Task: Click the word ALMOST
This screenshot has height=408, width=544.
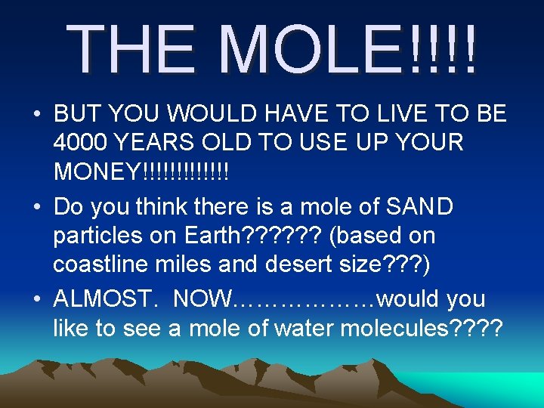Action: coord(106,299)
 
